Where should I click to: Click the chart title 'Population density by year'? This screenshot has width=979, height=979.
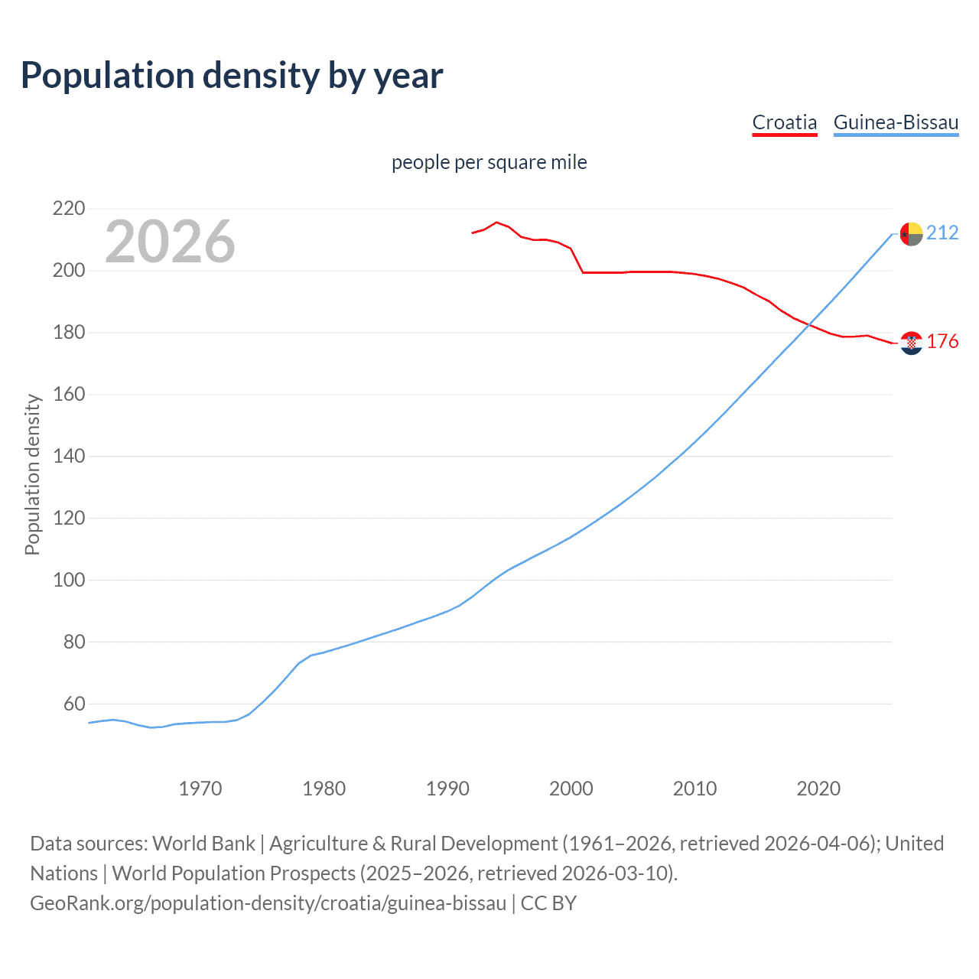pos(232,76)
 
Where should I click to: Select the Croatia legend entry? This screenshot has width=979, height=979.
pos(785,122)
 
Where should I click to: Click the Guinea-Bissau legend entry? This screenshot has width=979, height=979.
pos(896,122)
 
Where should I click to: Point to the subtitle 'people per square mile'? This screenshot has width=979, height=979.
pos(489,162)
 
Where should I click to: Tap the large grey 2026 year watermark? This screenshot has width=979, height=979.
pos(170,242)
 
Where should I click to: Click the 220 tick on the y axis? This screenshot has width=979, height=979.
pos(69,209)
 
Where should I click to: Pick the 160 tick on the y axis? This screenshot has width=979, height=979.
pos(69,395)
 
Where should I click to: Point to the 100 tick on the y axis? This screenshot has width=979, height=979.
pos(69,580)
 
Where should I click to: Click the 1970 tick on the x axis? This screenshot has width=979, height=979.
pos(200,789)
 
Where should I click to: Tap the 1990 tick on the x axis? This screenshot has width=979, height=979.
pos(447,789)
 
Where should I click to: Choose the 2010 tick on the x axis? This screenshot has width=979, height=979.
pos(694,789)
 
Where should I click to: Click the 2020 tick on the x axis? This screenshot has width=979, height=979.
pos(818,789)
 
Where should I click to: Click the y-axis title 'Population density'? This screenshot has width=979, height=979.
pos(32,474)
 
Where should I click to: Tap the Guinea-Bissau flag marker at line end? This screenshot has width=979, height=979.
pos(911,234)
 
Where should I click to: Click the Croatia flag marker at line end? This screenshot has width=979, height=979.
pos(911,343)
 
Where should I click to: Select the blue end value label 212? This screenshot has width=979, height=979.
pos(942,233)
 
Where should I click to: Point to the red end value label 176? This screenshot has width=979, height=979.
pos(942,341)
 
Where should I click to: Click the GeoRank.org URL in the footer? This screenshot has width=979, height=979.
pos(268,903)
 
